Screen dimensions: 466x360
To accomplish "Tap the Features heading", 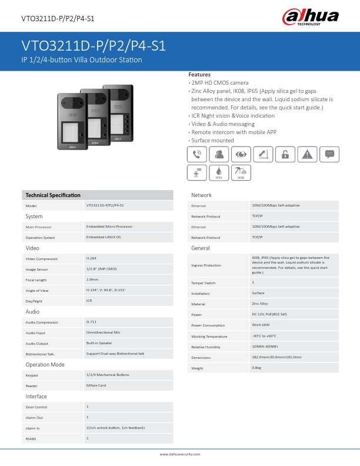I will pyautogui.click(x=199, y=75).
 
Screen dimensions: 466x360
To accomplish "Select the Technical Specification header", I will pyautogui.click(x=53, y=195).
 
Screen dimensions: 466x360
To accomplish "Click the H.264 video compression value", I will pyautogui.click(x=91, y=258).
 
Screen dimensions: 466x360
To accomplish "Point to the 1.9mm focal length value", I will pyautogui.click(x=92, y=279).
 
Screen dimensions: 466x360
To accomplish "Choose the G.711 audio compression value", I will pyautogui.click(x=91, y=322).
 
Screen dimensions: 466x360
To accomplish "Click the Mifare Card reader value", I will pyautogui.click(x=96, y=385).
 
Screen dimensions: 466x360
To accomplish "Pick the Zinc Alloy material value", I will pyautogui.click(x=261, y=304).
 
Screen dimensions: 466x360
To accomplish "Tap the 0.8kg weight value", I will pyautogui.click(x=256, y=368).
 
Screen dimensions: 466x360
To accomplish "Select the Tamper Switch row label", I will pyautogui.click(x=204, y=283).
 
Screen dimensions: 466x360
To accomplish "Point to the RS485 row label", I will pyautogui.click(x=31, y=438).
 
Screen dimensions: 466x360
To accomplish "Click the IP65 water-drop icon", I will pyautogui.click(x=218, y=171).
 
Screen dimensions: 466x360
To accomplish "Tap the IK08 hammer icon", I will pyautogui.click(x=240, y=171).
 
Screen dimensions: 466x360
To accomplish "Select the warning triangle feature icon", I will pyautogui.click(x=306, y=154).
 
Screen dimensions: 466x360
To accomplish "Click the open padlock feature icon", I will pyautogui.click(x=285, y=154).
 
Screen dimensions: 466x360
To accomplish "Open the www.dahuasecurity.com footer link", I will pyautogui.click(x=180, y=454).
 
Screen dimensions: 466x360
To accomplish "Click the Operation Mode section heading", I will pyautogui.click(x=45, y=365).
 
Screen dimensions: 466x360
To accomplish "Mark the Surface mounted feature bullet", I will pyautogui.click(x=212, y=141).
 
